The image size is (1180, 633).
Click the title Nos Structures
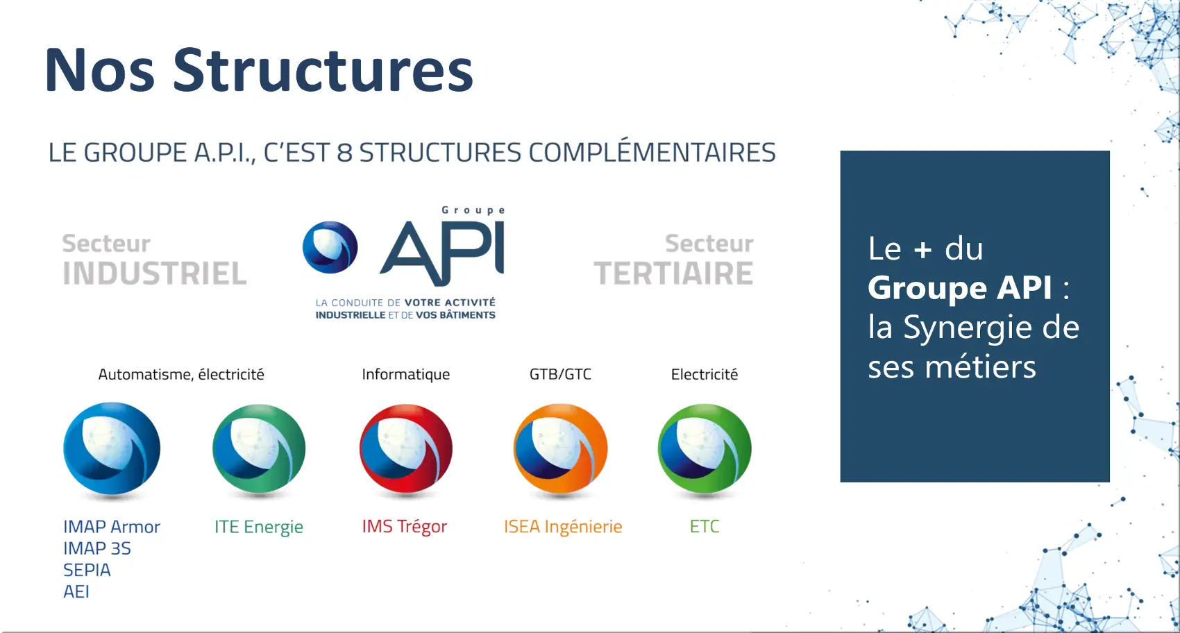pyautogui.click(x=258, y=70)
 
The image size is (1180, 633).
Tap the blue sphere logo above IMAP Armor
pyautogui.click(x=112, y=448)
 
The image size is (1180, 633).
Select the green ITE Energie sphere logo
pyautogui.click(x=259, y=448)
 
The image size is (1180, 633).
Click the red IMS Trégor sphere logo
pyautogui.click(x=406, y=448)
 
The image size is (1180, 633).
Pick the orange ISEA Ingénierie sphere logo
pyautogui.click(x=561, y=448)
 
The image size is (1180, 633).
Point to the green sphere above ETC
pyautogui.click(x=705, y=448)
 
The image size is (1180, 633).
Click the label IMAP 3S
pyautogui.click(x=97, y=548)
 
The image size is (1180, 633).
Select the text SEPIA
pyautogui.click(x=87, y=570)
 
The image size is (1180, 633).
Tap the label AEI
pyautogui.click(x=76, y=591)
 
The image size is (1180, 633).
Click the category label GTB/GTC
pyautogui.click(x=560, y=374)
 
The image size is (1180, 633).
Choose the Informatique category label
pyautogui.click(x=406, y=374)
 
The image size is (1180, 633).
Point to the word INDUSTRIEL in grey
pyautogui.click(x=155, y=273)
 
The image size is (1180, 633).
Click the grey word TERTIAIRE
pyautogui.click(x=674, y=273)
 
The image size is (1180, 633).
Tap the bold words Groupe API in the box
pyautogui.click(x=960, y=287)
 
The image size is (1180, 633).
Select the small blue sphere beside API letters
pyautogui.click(x=330, y=247)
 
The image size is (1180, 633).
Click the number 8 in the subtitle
pyautogui.click(x=344, y=153)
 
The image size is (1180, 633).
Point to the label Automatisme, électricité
pyautogui.click(x=181, y=374)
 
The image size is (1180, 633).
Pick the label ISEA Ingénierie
pyautogui.click(x=563, y=526)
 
